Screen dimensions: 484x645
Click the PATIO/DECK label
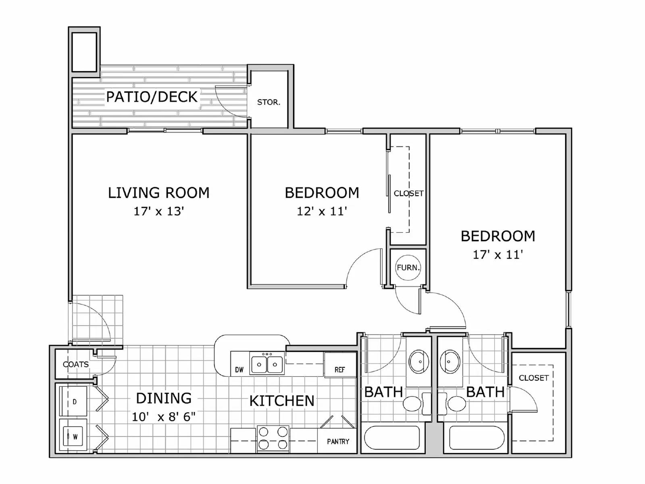[x=152, y=97]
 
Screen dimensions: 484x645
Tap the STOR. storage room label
[x=268, y=102]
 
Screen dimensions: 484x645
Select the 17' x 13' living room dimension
[x=159, y=211]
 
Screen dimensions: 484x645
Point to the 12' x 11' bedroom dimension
[x=322, y=211]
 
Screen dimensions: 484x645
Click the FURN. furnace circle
[x=408, y=267]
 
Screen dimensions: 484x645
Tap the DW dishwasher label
[x=239, y=369]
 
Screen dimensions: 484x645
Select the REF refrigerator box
[x=340, y=365]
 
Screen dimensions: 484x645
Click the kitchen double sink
[x=266, y=364]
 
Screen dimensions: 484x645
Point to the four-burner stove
[x=273, y=438]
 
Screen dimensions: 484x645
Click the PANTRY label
[x=338, y=442]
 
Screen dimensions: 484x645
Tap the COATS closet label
[x=76, y=364]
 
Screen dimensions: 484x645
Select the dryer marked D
[x=74, y=401]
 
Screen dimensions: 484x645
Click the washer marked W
[x=74, y=436]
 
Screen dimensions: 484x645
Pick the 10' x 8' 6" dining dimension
[x=164, y=417]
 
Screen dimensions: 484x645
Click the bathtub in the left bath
[x=392, y=438]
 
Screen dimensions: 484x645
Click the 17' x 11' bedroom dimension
[x=498, y=255]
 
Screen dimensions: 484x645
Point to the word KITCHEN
[x=282, y=401]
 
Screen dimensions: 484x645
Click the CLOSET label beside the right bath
[x=533, y=378]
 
